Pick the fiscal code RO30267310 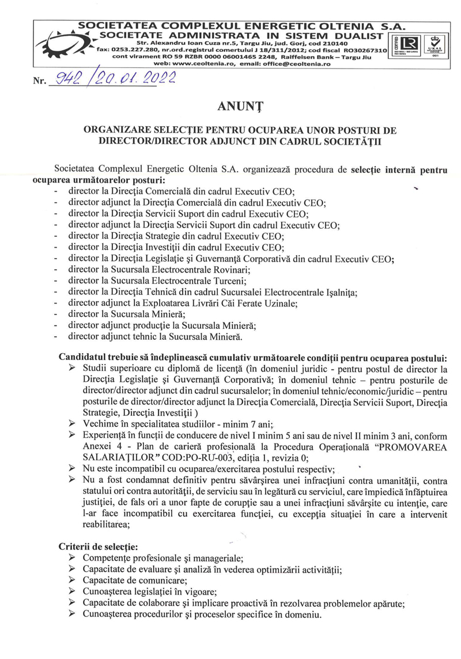click(362, 50)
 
